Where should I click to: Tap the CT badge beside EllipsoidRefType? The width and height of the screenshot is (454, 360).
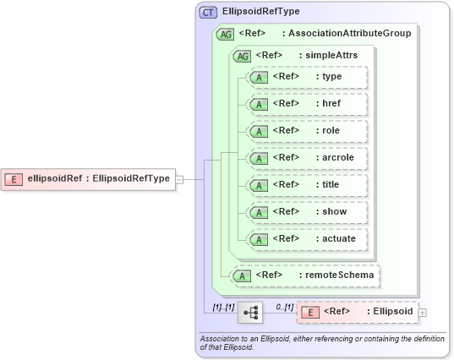208,13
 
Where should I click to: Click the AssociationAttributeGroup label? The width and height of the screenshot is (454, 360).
350,34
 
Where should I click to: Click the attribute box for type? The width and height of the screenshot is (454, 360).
305,77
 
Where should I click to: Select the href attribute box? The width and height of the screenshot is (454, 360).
305,103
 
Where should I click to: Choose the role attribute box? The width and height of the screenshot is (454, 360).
305,130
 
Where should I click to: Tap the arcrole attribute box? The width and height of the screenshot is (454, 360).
305,157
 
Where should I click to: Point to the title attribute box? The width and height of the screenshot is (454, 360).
305,184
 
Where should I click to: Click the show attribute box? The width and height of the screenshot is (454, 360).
305,211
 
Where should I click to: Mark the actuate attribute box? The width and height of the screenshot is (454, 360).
305,238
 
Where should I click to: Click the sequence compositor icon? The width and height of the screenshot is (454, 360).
251,312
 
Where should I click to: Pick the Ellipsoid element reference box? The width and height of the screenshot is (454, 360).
357,312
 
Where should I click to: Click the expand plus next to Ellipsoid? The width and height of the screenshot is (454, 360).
423,313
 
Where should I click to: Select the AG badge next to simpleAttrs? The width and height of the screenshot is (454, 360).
242,55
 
